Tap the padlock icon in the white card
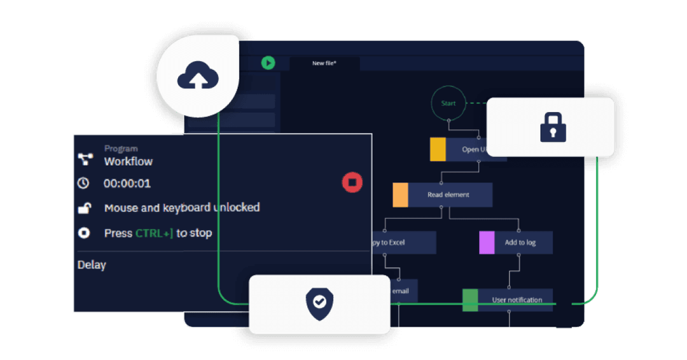(x=553, y=127)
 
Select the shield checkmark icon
(x=319, y=303)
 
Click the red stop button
(x=352, y=183)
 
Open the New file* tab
(x=324, y=64)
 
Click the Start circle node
(x=448, y=103)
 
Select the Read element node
(x=449, y=195)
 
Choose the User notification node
(x=516, y=300)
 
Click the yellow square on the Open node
(x=438, y=149)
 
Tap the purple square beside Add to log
(x=487, y=242)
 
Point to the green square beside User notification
(x=470, y=300)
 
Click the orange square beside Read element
(x=400, y=195)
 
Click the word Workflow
(x=128, y=162)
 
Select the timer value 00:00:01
(x=127, y=184)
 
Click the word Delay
(x=92, y=265)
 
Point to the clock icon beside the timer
(x=83, y=183)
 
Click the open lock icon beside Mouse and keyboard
(x=84, y=208)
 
